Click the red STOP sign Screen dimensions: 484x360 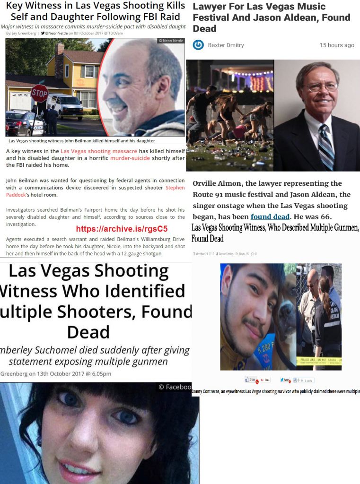40,93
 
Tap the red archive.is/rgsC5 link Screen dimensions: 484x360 122,229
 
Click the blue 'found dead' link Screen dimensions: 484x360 270,216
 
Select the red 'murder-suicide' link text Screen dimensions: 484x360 132,158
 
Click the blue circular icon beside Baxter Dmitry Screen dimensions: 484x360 199,45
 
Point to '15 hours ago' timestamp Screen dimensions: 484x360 336,45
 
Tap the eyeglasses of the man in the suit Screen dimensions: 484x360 322,87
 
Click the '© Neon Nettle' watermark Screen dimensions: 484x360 171,42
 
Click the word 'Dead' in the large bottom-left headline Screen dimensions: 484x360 88,332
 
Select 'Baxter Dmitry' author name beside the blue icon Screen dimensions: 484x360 226,45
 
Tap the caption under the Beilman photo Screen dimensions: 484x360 81,141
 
